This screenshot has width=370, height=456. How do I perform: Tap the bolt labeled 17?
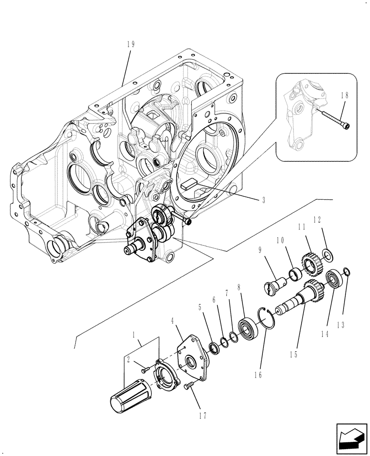[187, 387]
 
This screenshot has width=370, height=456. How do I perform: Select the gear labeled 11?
[310, 262]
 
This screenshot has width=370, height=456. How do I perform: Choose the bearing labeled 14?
[335, 279]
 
